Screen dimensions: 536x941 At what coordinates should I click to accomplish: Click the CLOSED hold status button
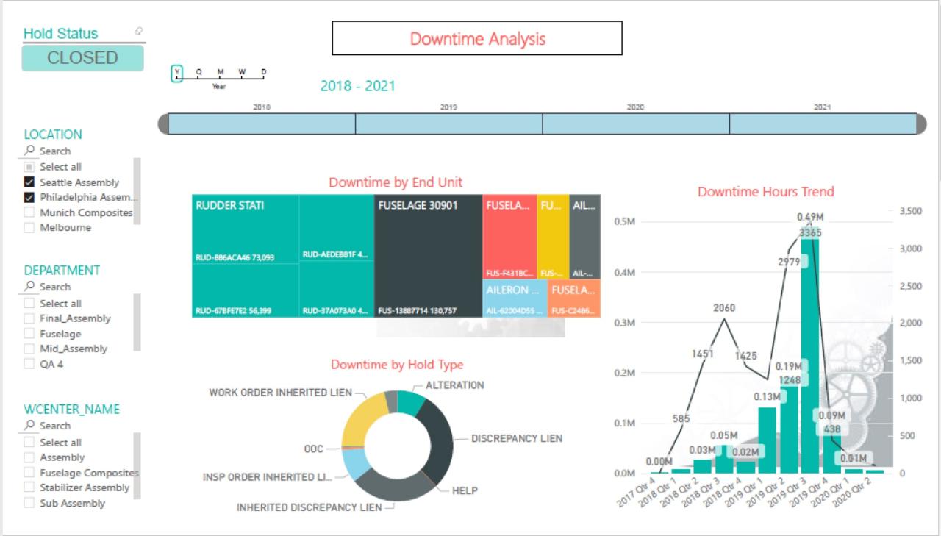click(x=82, y=58)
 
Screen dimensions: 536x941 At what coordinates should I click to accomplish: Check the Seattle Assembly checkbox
click(x=29, y=182)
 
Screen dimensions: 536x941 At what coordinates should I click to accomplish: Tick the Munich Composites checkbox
click(x=29, y=212)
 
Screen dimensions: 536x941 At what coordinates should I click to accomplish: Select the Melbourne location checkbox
click(x=29, y=228)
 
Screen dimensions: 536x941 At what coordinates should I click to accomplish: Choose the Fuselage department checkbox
click(x=29, y=334)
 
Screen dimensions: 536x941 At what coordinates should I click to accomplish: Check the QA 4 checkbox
click(x=29, y=364)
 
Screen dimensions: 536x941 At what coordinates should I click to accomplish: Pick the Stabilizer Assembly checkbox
click(x=29, y=487)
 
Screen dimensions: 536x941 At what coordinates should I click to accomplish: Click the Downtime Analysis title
click(x=477, y=38)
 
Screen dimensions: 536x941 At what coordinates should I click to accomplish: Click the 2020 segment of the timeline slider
click(x=635, y=124)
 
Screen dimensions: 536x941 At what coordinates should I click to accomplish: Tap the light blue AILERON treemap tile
click(x=515, y=298)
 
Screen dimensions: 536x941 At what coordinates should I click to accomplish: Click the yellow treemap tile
click(x=553, y=235)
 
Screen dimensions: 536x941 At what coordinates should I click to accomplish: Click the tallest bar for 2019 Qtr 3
click(x=810, y=353)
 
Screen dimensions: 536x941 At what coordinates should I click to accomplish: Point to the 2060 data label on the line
click(x=724, y=308)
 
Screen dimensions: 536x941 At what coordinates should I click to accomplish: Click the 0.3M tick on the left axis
click(x=624, y=323)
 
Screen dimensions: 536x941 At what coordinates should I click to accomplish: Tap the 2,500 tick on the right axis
click(x=909, y=286)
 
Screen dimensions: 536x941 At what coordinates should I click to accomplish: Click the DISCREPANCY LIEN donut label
click(x=516, y=439)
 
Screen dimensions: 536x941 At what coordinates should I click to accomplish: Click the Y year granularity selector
click(x=176, y=73)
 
